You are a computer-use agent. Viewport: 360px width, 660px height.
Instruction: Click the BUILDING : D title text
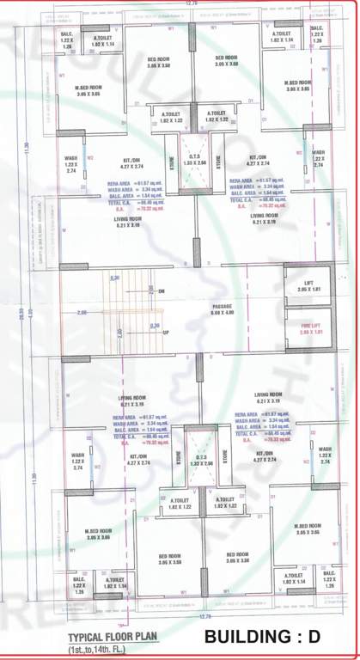point(272,637)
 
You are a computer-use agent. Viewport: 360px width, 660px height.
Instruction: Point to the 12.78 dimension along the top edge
point(191,4)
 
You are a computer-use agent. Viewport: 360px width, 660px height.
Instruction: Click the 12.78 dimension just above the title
point(204,615)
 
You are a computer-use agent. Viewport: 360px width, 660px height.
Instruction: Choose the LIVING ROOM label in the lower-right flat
point(269,395)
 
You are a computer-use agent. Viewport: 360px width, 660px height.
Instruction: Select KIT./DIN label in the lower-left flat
point(138,456)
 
